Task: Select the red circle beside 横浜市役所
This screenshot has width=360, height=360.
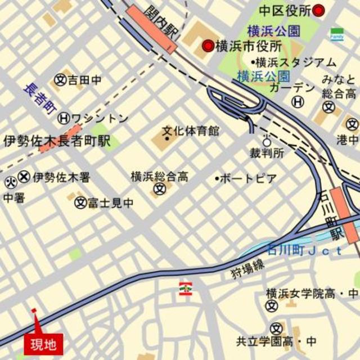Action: [208, 46]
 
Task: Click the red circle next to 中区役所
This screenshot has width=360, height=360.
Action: [319, 10]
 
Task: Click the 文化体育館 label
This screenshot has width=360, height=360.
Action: [191, 131]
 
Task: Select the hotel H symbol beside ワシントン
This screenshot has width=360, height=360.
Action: [65, 118]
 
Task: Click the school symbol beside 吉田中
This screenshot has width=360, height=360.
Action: [61, 80]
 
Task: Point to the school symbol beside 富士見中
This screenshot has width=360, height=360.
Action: [80, 202]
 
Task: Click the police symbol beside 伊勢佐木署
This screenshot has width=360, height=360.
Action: [24, 177]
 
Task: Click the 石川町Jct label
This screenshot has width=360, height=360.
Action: [304, 250]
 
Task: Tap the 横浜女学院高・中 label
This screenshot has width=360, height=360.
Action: [311, 294]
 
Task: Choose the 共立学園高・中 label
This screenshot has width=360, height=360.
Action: [276, 341]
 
